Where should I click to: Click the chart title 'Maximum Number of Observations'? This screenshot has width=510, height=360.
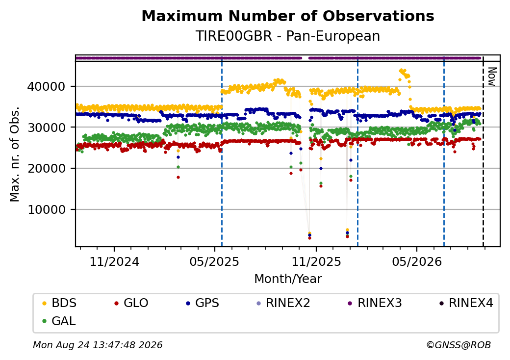[288, 16]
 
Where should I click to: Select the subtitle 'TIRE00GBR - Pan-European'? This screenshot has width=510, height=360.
[288, 36]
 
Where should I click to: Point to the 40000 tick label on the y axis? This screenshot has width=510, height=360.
[46, 86]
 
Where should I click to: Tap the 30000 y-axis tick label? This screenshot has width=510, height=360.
[46, 128]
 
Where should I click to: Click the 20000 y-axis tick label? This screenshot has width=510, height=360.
[46, 168]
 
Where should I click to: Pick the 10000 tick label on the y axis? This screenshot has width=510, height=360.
[46, 209]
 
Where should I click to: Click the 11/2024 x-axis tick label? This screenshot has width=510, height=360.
[114, 261]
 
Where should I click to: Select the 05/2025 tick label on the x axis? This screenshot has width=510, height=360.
[214, 261]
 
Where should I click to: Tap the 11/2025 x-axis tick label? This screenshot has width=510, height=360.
[316, 261]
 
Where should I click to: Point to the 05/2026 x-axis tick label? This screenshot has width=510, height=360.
[417, 261]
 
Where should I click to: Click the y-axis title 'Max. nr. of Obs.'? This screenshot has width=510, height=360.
[15, 154]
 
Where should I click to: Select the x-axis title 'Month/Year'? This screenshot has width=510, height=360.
[288, 279]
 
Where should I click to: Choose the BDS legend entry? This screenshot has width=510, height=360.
[59, 303]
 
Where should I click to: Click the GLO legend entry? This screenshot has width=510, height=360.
[131, 303]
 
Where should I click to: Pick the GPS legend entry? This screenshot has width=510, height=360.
[203, 303]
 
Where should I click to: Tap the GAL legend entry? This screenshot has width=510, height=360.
[59, 321]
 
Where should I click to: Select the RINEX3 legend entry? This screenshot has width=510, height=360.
[375, 303]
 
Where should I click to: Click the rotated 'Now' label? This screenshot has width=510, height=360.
[492, 77]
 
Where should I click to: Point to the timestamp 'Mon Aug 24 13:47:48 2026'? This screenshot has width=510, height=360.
[98, 345]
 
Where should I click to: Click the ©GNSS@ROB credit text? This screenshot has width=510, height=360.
[459, 345]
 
